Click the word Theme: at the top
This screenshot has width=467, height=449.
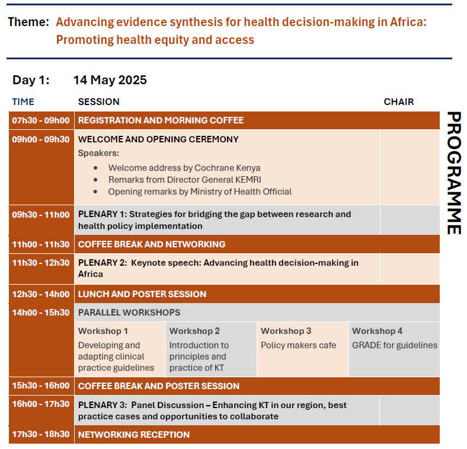click(x=28, y=23)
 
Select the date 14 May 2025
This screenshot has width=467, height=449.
click(x=110, y=80)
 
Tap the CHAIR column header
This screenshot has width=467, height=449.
click(x=398, y=102)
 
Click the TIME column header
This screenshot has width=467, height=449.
click(x=23, y=102)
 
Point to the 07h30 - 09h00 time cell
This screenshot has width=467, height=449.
click(x=41, y=120)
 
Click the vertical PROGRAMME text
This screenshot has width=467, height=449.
click(x=453, y=173)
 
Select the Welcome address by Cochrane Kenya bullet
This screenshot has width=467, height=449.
click(x=184, y=168)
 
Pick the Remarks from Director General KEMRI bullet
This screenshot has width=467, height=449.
click(x=184, y=180)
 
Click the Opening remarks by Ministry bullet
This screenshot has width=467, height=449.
click(x=200, y=192)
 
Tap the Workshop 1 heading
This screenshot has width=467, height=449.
click(x=103, y=331)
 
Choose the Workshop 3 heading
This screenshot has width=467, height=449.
click(x=286, y=331)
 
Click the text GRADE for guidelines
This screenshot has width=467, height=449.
click(x=395, y=345)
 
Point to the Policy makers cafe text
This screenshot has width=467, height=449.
click(x=298, y=345)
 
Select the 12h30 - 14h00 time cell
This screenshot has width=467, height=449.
click(x=41, y=294)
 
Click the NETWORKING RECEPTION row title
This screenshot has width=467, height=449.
click(x=134, y=435)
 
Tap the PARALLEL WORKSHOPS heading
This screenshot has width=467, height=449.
click(x=129, y=313)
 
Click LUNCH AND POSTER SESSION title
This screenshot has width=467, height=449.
click(x=142, y=294)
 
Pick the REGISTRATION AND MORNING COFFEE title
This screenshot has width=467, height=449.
click(x=161, y=120)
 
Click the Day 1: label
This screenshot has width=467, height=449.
click(x=31, y=80)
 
